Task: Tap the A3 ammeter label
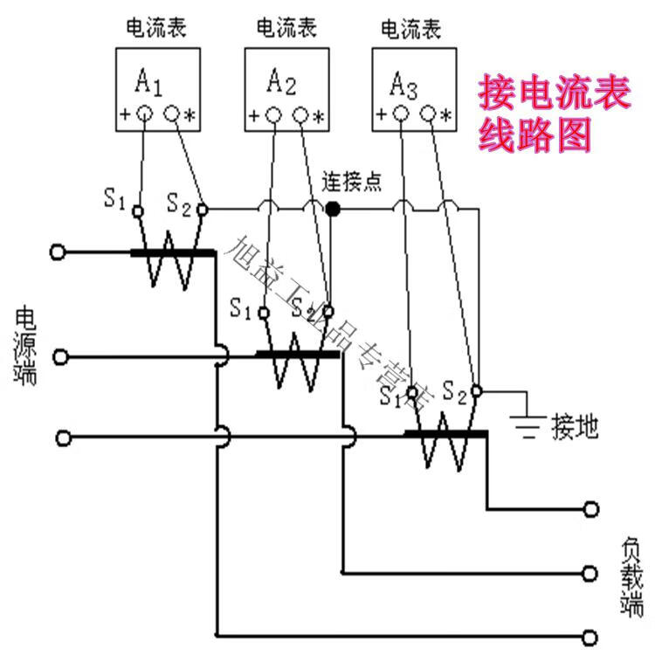point(403,85)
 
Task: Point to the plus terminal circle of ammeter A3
point(400,114)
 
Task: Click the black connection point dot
point(333,210)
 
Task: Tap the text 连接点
point(352,183)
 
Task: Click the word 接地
point(576,427)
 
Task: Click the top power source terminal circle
point(58,252)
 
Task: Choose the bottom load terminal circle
point(593,635)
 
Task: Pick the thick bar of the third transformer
point(446,433)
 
